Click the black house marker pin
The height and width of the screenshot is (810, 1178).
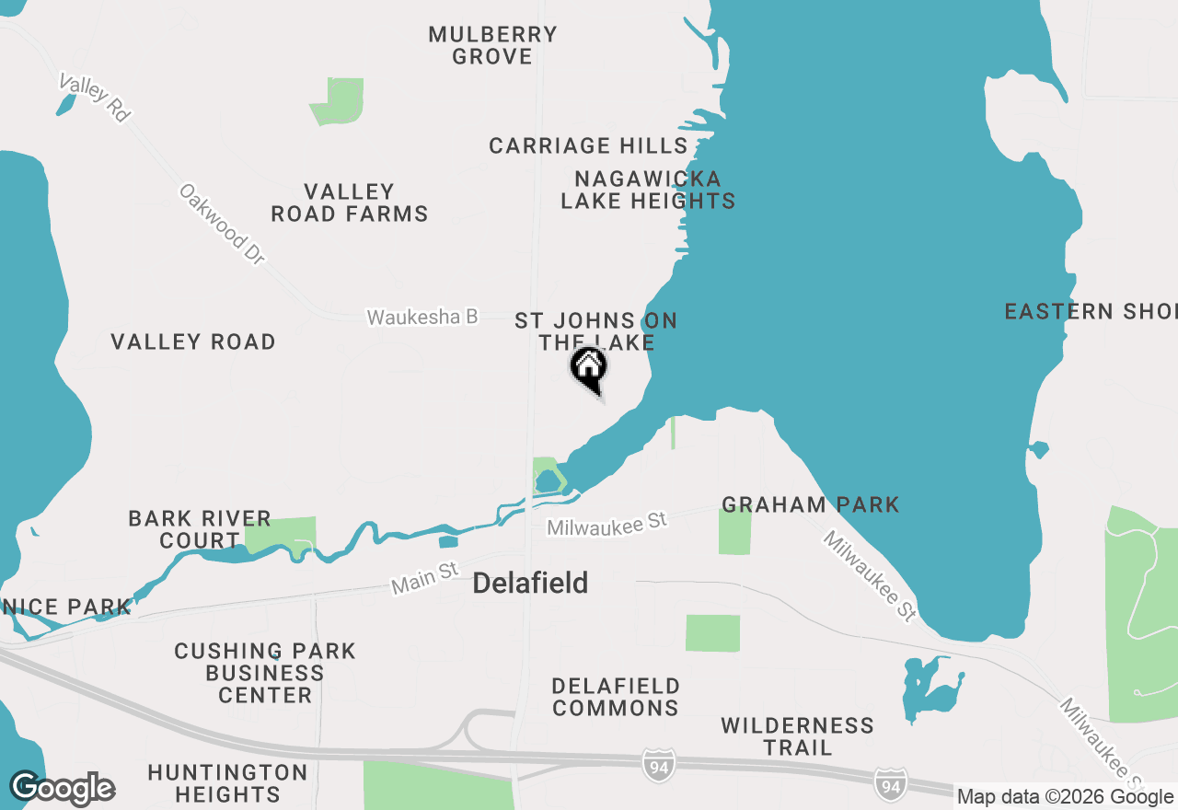point(590,369)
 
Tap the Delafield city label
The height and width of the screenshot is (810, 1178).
point(530,584)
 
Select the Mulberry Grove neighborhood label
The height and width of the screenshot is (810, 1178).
point(493,46)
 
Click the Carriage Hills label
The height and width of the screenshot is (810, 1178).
point(588,146)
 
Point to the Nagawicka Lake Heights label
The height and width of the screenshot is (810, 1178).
point(648,190)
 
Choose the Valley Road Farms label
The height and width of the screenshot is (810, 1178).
point(350,203)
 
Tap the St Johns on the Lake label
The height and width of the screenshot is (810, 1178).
point(595,331)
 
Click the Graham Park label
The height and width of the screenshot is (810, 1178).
point(810,504)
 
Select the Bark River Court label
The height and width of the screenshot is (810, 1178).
point(200,529)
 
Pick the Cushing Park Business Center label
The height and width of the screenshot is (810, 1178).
point(265,673)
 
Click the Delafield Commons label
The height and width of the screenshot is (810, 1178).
point(616,697)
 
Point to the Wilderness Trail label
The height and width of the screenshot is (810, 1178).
point(797,736)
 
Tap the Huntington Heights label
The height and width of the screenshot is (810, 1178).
point(227,782)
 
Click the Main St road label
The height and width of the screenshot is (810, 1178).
point(424,578)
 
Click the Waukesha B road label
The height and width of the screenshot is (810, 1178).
point(422,318)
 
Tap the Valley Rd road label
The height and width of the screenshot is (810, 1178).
point(94,98)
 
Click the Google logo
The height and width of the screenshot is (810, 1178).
point(63,789)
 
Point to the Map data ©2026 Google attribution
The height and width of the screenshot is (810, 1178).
point(1065,797)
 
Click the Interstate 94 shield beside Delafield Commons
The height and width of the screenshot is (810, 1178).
point(659,766)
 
